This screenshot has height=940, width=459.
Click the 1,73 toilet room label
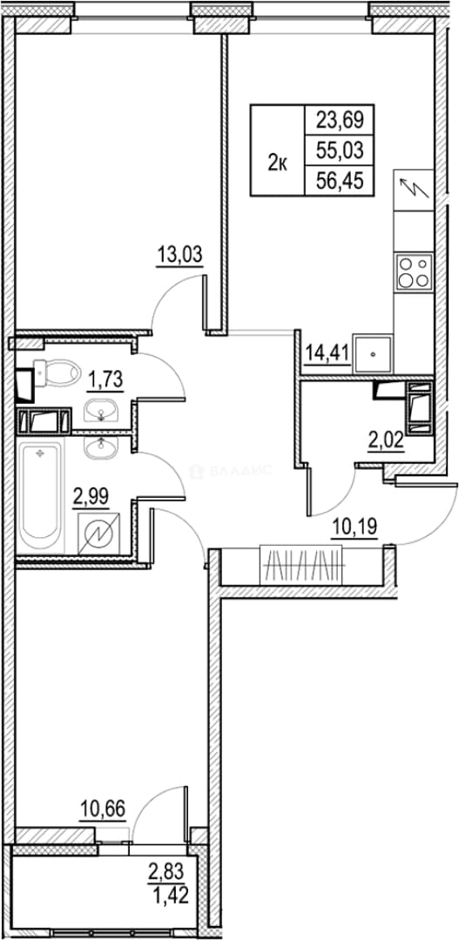pos(105,379)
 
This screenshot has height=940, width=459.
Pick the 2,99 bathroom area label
pos(91,496)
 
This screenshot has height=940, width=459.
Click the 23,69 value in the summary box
pos(341,122)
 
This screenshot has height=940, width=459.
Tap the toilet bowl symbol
pos(57,373)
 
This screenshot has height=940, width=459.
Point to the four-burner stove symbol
pos(414,272)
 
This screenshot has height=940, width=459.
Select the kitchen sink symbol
pos(373,353)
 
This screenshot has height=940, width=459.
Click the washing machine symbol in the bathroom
pos(99,534)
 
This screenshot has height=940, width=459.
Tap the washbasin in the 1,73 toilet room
pos(101,411)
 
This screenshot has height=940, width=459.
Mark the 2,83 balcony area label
pos(169,869)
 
